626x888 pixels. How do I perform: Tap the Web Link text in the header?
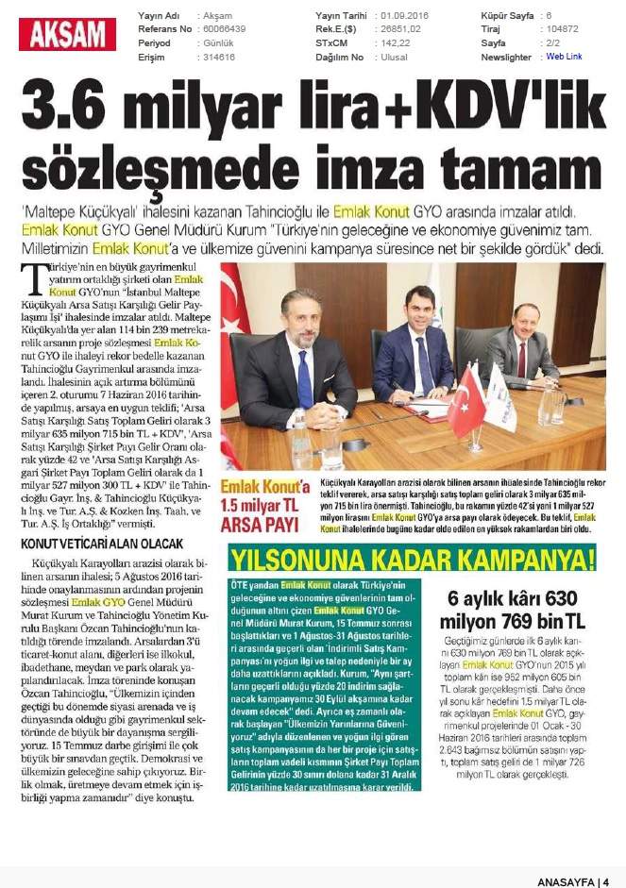click(564, 57)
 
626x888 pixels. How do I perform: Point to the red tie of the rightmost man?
click(522, 360)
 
